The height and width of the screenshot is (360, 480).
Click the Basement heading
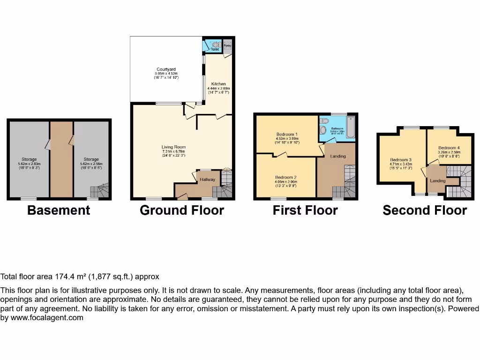(x=59, y=210)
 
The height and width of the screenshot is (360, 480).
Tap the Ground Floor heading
(x=182, y=210)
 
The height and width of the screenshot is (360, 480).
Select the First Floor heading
(x=305, y=210)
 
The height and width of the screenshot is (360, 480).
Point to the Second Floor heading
(x=425, y=210)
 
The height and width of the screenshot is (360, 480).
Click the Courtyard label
(x=166, y=69)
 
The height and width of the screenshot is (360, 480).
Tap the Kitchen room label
(x=218, y=84)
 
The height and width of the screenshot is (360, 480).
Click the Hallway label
(x=207, y=180)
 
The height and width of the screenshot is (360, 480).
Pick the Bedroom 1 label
(x=287, y=135)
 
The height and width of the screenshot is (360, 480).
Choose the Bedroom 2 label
(x=286, y=177)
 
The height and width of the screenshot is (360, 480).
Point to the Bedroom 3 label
(x=401, y=160)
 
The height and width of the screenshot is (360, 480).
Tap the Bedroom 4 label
(x=449, y=148)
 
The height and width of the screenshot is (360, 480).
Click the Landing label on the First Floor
(x=338, y=156)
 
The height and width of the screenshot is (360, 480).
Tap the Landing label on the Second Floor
(x=438, y=181)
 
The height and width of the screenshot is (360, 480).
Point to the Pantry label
(x=228, y=46)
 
